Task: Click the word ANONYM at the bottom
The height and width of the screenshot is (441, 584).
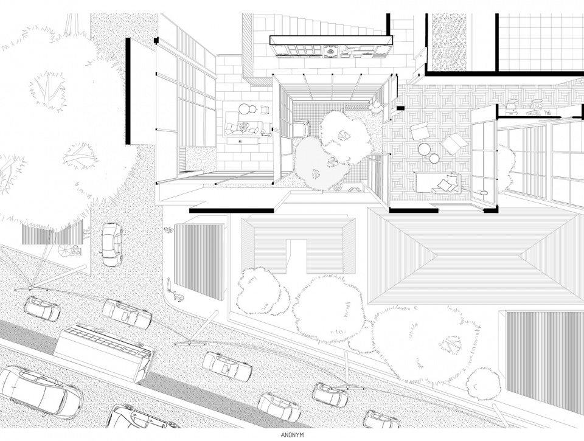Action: pyautogui.click(x=291, y=436)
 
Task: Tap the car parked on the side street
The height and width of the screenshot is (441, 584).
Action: pyautogui.click(x=111, y=245)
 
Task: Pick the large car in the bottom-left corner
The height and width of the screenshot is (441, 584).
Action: pyautogui.click(x=40, y=391)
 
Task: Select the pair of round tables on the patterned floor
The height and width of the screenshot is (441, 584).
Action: pyautogui.click(x=429, y=153)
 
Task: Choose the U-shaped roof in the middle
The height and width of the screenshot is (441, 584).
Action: pyautogui.click(x=297, y=244)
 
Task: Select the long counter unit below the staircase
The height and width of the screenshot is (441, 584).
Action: pyautogui.click(x=331, y=47)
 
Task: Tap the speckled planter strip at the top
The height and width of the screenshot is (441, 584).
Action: pyautogui.click(x=448, y=41)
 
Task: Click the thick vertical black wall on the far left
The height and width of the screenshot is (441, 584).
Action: pyautogui.click(x=128, y=91)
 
